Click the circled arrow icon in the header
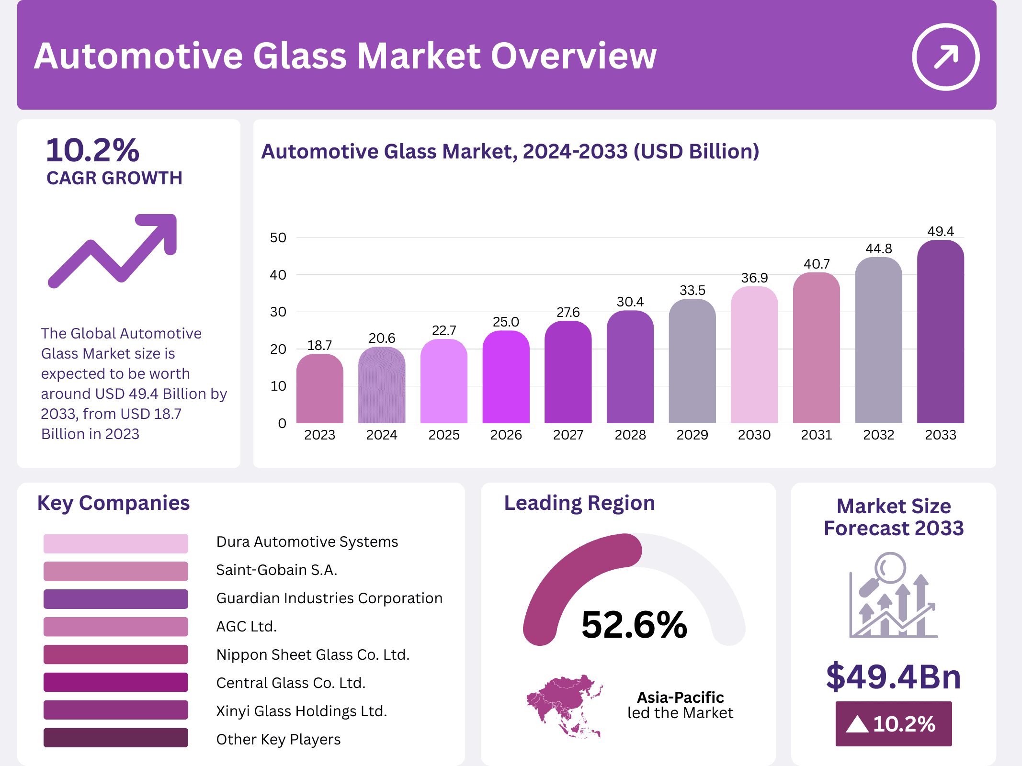(x=945, y=57)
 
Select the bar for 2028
(x=630, y=369)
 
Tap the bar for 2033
(x=940, y=335)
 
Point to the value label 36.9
(x=754, y=278)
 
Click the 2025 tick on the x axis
(x=443, y=435)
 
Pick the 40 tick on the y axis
(x=278, y=275)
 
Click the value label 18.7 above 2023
(x=319, y=345)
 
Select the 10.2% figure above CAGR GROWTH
(x=92, y=150)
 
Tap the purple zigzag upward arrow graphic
(x=113, y=250)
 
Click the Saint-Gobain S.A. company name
(x=276, y=570)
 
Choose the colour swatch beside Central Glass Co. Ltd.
(x=115, y=682)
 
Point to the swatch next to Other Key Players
(x=115, y=738)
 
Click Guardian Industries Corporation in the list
(x=329, y=598)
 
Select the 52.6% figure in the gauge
(x=634, y=625)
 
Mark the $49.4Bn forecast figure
(x=893, y=676)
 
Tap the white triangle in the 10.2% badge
(x=857, y=724)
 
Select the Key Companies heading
(x=114, y=503)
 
